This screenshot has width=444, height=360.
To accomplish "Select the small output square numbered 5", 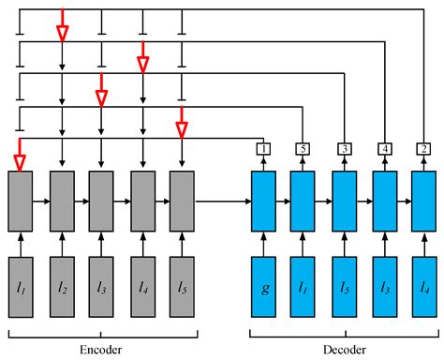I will coord(303,148).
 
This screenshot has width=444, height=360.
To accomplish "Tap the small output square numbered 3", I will coord(344,148).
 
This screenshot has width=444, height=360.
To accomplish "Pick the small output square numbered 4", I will coord(384,148).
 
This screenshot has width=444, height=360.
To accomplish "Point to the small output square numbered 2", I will coord(424,148).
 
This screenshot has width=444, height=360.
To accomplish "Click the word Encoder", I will coord(100,348).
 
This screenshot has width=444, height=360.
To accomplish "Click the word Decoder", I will coord(343,348).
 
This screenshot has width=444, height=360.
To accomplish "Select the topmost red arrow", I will coord(62,28).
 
